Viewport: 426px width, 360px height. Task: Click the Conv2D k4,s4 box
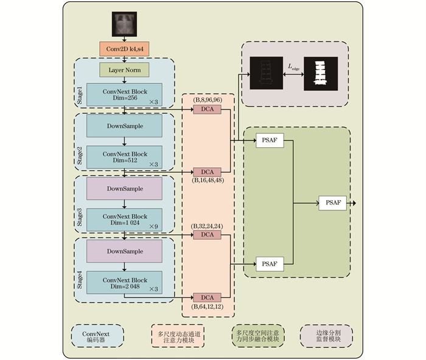click(x=124, y=49)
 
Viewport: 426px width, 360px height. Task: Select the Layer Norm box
click(x=124, y=70)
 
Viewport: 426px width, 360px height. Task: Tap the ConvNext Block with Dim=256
click(x=124, y=94)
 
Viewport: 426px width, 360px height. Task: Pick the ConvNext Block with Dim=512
click(x=124, y=157)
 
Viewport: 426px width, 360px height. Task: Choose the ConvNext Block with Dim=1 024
click(x=124, y=220)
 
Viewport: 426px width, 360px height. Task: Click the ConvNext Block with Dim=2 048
click(x=124, y=282)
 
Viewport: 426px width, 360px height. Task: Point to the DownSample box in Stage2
click(x=124, y=126)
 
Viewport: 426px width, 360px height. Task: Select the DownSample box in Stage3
click(x=124, y=189)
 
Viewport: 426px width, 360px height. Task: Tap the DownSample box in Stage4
click(x=124, y=251)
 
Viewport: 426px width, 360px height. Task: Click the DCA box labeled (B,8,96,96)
click(x=207, y=109)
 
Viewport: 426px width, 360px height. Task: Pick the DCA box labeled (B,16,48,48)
click(x=207, y=172)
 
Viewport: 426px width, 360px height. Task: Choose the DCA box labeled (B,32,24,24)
click(x=207, y=235)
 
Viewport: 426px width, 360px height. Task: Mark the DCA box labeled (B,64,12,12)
click(x=207, y=297)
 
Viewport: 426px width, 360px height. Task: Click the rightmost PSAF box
click(x=332, y=203)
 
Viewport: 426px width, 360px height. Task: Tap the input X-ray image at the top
click(x=124, y=24)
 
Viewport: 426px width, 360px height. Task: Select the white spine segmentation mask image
click(x=321, y=74)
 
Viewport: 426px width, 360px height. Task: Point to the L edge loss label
click(x=293, y=67)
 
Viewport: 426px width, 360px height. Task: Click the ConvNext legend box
click(x=97, y=336)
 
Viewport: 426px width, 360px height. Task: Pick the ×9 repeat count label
click(x=153, y=227)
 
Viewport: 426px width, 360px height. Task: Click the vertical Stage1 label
click(x=80, y=95)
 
